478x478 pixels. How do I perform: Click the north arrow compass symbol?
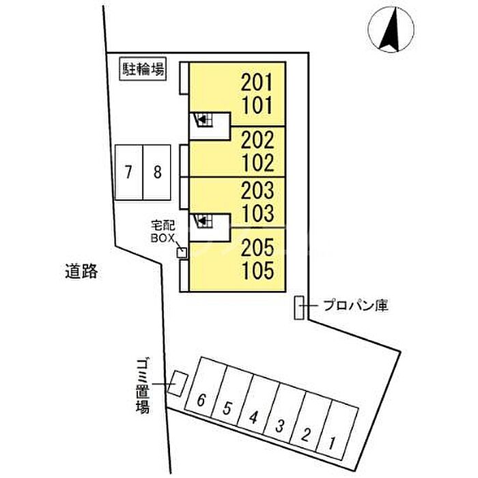391,29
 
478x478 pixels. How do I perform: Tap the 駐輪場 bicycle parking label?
143,69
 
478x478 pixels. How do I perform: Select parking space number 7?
128,173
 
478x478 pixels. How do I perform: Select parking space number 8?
157,173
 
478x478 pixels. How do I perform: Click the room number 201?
256,83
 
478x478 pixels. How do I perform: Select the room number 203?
257,191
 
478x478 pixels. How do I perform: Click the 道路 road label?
81,271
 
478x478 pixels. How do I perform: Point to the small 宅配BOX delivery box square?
182,253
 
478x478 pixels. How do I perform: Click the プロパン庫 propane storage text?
356,305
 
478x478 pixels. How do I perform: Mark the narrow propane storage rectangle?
299,307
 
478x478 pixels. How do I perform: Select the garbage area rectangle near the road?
178,384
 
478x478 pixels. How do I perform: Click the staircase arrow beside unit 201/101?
202,119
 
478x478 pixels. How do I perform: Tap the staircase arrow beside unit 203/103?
202,220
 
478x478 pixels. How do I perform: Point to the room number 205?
257,247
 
